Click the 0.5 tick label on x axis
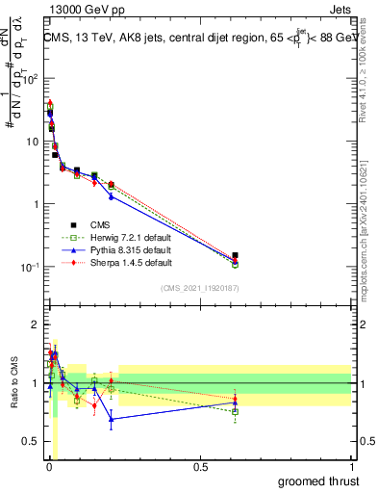coord(200,466)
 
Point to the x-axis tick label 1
coord(351,466)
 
